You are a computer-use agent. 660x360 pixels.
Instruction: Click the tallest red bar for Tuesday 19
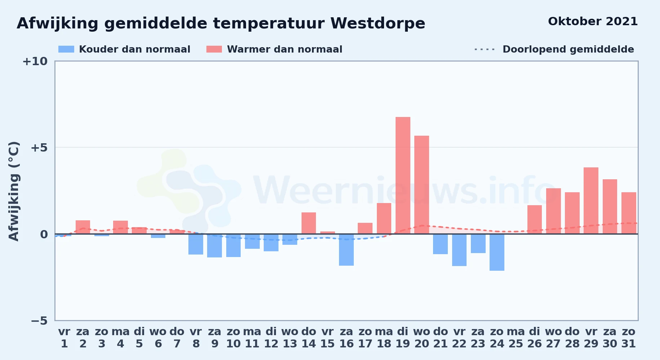(x=403, y=175)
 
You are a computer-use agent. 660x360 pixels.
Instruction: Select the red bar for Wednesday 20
(x=422, y=185)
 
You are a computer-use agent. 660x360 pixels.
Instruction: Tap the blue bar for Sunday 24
(x=497, y=252)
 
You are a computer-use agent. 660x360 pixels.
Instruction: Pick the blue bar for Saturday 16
(x=346, y=250)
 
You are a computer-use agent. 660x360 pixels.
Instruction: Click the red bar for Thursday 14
(x=309, y=223)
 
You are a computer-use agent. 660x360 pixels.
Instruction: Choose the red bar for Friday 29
(x=591, y=201)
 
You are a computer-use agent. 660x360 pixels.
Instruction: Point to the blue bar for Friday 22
(x=459, y=250)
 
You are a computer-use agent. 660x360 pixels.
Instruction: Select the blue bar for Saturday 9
(x=214, y=246)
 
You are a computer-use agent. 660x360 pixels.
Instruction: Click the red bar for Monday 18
(x=384, y=219)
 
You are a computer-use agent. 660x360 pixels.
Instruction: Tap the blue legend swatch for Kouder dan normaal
(x=66, y=49)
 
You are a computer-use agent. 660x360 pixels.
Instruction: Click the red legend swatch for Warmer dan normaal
(x=214, y=49)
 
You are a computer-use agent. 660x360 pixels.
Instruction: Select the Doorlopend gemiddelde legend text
(x=568, y=49)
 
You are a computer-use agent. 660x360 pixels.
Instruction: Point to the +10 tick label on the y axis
(x=35, y=61)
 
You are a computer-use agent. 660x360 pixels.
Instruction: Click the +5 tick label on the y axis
(x=39, y=148)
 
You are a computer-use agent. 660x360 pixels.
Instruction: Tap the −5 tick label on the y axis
(x=39, y=321)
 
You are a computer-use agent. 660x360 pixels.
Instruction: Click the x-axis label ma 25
(x=516, y=338)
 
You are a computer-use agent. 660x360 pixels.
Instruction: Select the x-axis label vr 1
(x=64, y=338)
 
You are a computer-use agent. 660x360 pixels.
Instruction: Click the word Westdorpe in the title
(x=378, y=23)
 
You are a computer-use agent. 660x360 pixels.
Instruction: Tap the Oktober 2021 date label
(x=593, y=22)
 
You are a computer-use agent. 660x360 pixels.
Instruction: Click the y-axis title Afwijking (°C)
(x=14, y=191)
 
